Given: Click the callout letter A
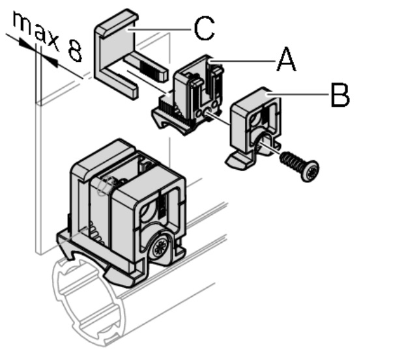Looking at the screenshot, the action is point(286,59).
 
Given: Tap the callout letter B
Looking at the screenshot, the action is point(340,95).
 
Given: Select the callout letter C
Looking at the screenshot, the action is point(204,28).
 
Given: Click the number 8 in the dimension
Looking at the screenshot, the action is point(75,51).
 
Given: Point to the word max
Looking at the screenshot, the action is point(36,31).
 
